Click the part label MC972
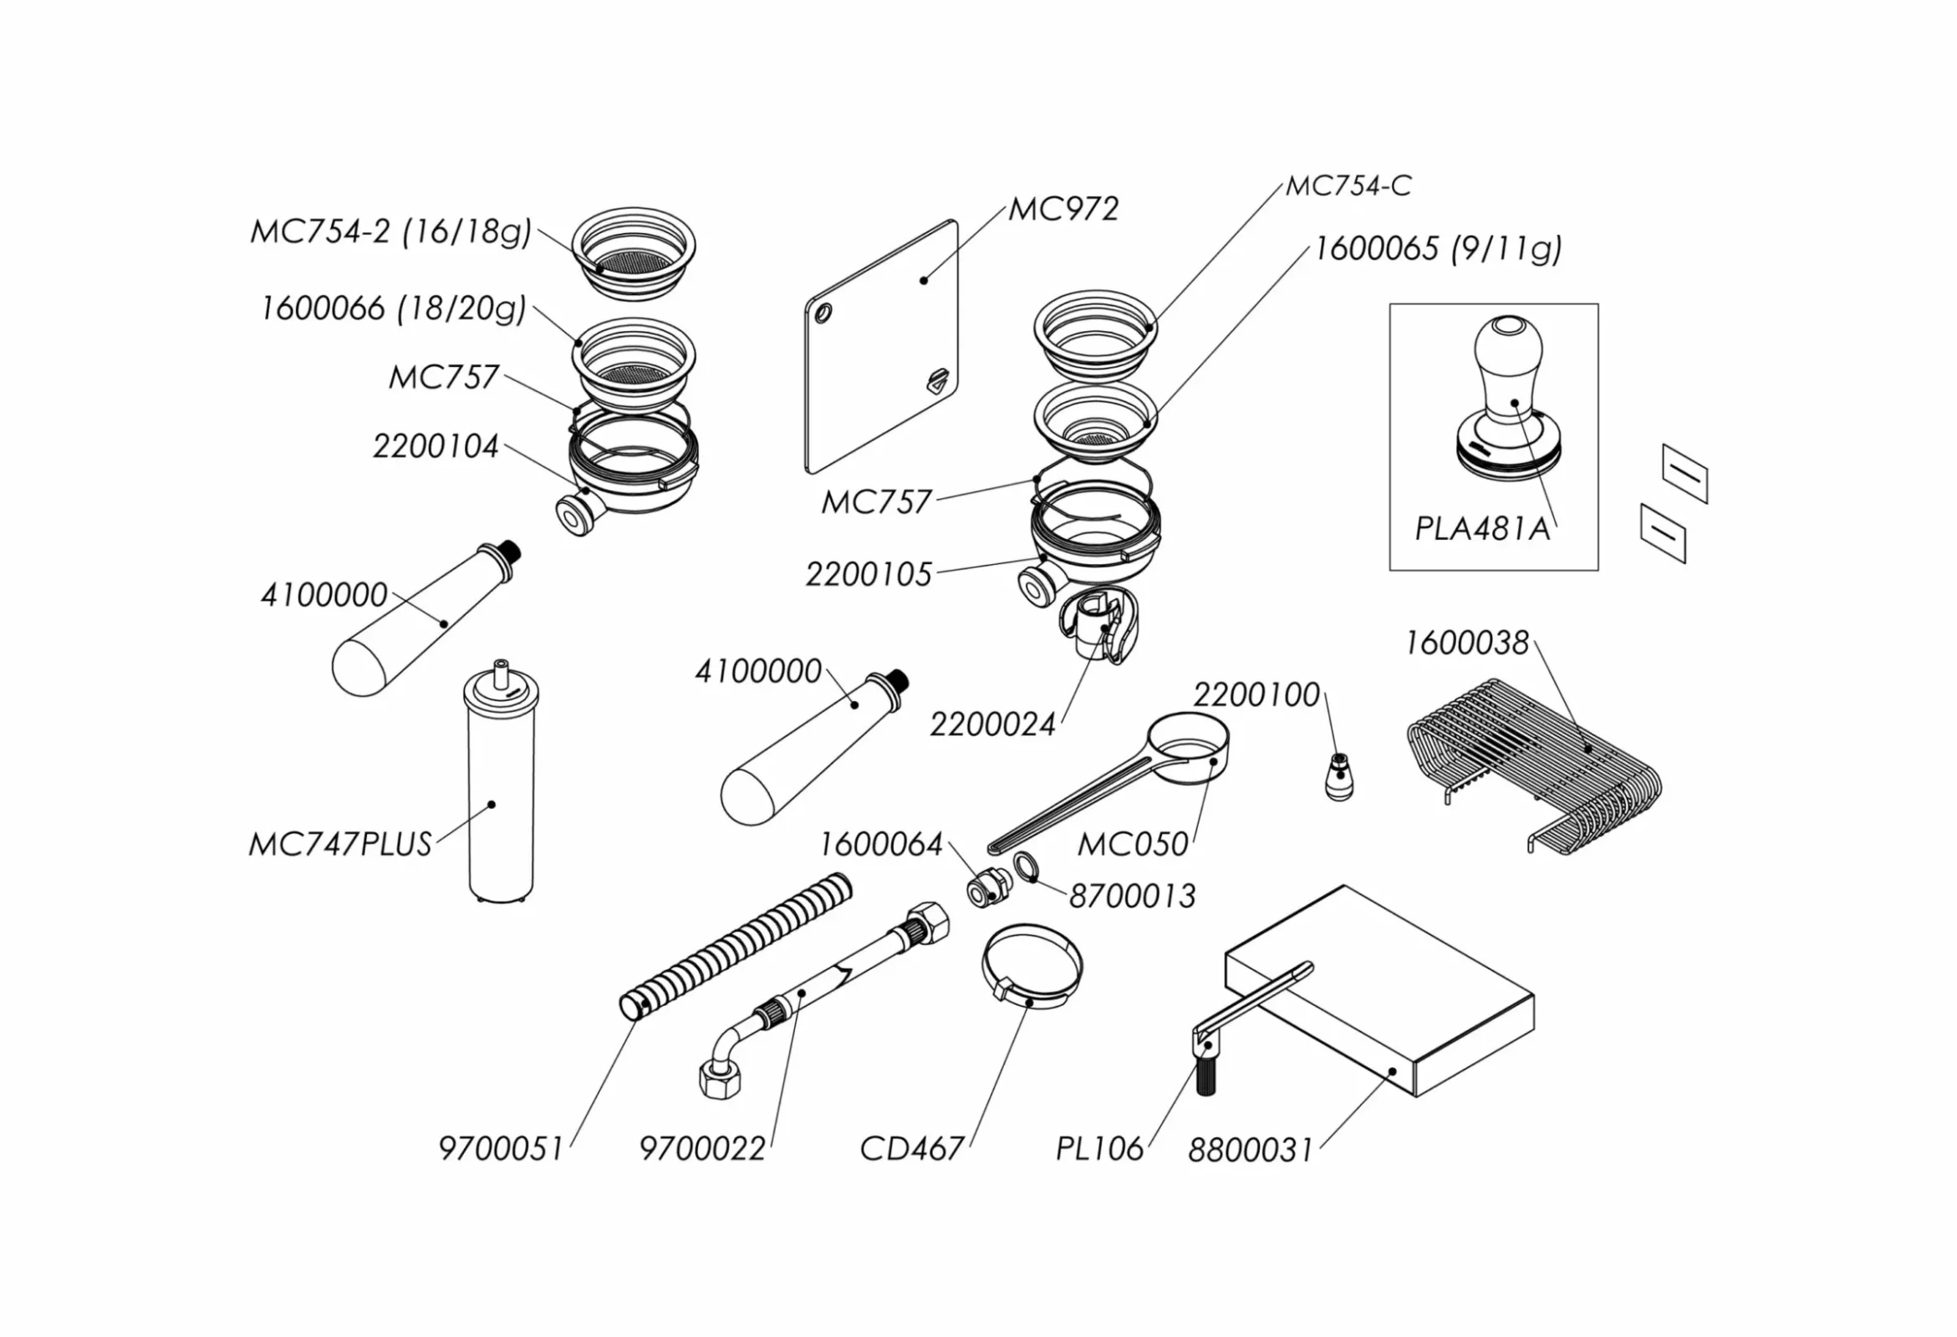click(1063, 209)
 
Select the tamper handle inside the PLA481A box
click(1508, 370)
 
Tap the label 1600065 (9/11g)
click(1437, 249)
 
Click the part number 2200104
click(436, 446)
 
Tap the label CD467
click(912, 1148)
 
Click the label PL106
click(1100, 1148)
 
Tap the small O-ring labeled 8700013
click(1024, 867)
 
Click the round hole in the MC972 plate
click(823, 313)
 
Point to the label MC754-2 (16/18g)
click(390, 231)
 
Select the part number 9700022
click(702, 1148)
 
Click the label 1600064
click(881, 845)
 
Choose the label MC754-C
click(1348, 186)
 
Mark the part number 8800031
click(1250, 1150)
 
